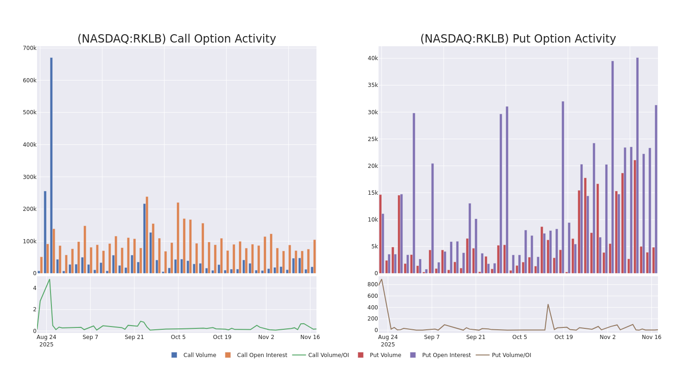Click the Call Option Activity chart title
(x=177, y=39)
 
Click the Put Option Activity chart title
(x=518, y=39)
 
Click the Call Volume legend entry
(x=199, y=355)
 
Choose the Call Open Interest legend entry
(x=262, y=355)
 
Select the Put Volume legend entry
(x=385, y=355)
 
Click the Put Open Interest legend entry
(x=446, y=355)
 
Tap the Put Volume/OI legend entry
(x=511, y=355)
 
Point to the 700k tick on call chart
(x=29, y=48)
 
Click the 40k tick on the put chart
(x=373, y=58)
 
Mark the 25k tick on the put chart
(x=373, y=139)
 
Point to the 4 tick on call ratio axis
(x=34, y=288)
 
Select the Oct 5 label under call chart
(x=178, y=337)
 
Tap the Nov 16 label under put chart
(x=651, y=337)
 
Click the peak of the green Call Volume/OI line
(x=50, y=279)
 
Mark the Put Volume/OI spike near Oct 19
(x=548, y=304)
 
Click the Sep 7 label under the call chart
(x=90, y=337)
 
